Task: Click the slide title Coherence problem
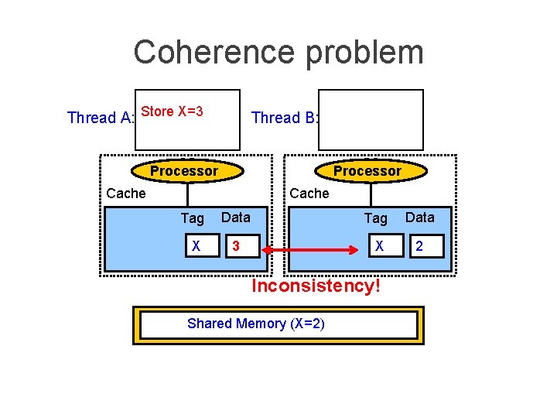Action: pyautogui.click(x=278, y=53)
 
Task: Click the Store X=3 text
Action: pyautogui.click(x=173, y=111)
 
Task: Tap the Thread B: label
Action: pyautogui.click(x=285, y=118)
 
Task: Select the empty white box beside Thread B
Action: pyautogui.click(x=371, y=119)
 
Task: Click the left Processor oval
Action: pyautogui.click(x=184, y=170)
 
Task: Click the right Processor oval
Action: pyautogui.click(x=367, y=170)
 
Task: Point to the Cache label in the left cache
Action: pyautogui.click(x=125, y=193)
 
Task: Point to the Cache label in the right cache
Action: pyautogui.click(x=309, y=193)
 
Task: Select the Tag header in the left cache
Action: pyautogui.click(x=192, y=219)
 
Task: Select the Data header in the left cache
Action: pyautogui.click(x=236, y=218)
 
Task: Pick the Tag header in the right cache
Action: pyautogui.click(x=376, y=219)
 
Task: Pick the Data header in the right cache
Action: pyautogui.click(x=420, y=218)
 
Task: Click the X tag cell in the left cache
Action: pyautogui.click(x=196, y=247)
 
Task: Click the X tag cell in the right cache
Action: pyautogui.click(x=379, y=247)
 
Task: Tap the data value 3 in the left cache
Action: pyautogui.click(x=236, y=247)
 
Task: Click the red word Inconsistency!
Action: pyautogui.click(x=316, y=286)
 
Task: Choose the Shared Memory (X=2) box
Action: pyautogui.click(x=278, y=324)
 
